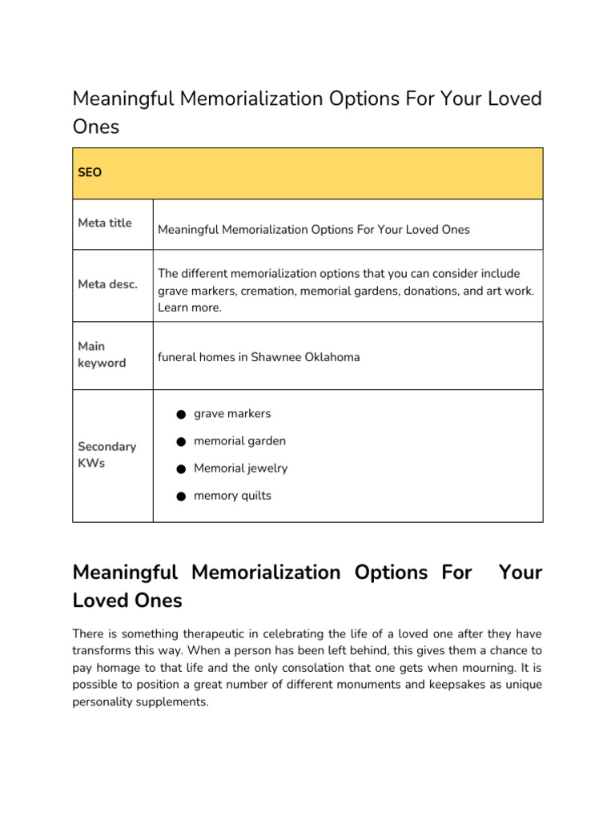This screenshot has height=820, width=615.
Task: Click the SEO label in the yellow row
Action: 90,172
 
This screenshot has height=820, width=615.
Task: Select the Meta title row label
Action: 105,223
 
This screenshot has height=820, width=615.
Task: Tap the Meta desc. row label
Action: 107,284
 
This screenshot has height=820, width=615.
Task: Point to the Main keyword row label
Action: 102,355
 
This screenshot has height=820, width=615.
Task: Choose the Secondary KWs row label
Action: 107,455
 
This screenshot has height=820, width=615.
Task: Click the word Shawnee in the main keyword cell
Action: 275,357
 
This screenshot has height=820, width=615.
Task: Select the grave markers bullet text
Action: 232,414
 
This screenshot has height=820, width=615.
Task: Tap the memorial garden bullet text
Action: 239,441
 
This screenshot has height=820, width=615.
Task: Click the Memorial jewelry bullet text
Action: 240,468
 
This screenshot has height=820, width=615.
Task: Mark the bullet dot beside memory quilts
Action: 181,496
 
